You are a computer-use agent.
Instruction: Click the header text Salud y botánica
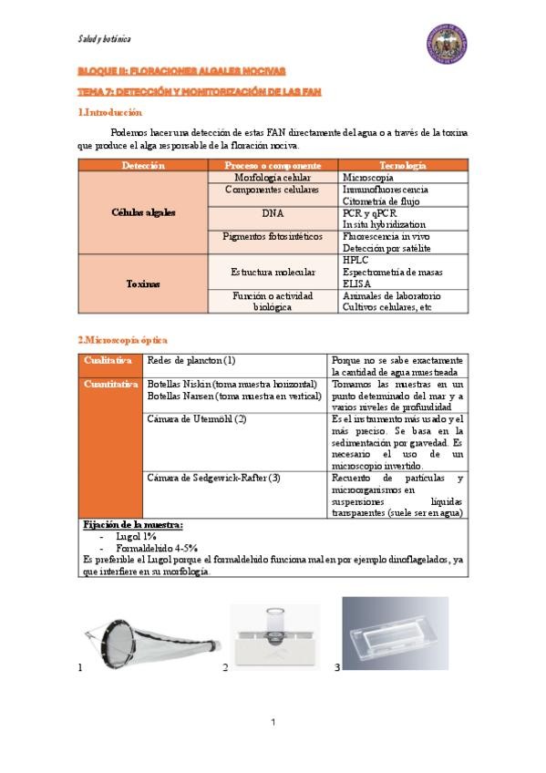point(104,39)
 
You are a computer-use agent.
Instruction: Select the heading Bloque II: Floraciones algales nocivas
point(181,70)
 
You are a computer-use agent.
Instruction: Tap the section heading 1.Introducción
point(110,113)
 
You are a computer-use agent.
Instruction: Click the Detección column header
point(143,165)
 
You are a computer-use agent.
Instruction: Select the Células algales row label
point(143,212)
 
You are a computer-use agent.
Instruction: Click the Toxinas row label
point(143,283)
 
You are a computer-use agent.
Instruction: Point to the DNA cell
point(273,212)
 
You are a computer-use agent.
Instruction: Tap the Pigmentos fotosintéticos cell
point(273,236)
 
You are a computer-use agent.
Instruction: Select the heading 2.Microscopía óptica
point(118,339)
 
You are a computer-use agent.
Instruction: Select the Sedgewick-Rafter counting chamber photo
point(395,632)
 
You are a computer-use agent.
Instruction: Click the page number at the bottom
point(273,722)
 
